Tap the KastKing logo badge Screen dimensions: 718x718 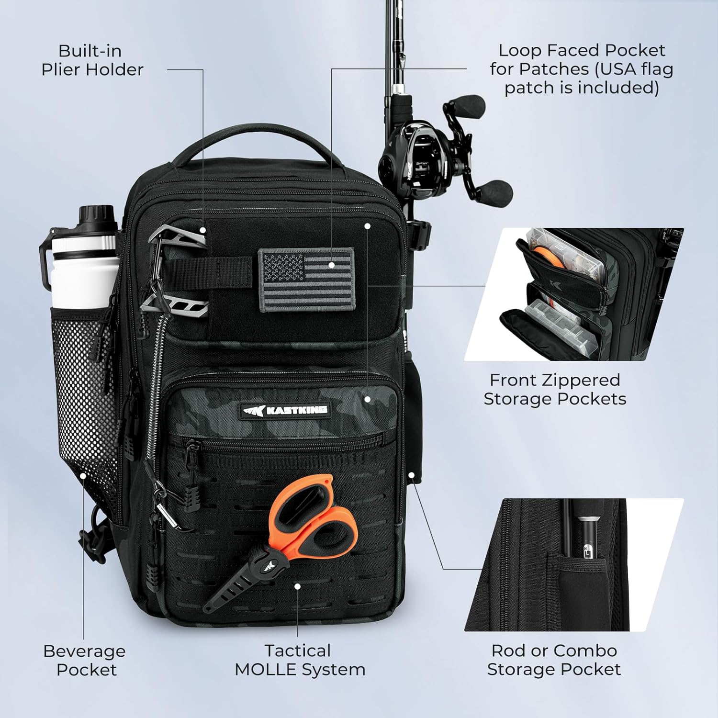pos(285,410)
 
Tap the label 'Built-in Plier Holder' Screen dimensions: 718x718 pos(92,60)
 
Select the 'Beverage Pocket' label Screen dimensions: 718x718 pos(85,660)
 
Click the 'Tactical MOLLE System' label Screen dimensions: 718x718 pos(300,660)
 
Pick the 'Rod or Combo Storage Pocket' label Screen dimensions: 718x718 pos(554,660)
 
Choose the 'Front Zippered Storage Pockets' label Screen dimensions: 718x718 pos(555,389)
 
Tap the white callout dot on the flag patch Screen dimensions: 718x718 pos(331,264)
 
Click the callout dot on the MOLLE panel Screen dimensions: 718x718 pos(297,586)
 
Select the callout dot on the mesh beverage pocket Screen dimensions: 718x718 pos(83,476)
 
